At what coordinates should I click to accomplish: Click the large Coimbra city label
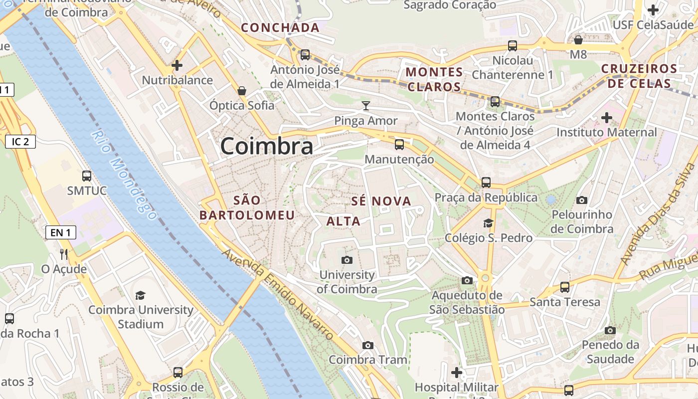[267, 146]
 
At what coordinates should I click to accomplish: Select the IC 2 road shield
[20, 142]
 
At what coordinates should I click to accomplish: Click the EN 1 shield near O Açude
[61, 232]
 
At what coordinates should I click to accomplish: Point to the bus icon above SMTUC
[87, 176]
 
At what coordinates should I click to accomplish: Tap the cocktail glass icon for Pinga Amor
[366, 105]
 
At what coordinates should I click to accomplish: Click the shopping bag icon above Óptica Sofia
[242, 90]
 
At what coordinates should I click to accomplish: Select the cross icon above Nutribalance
[177, 65]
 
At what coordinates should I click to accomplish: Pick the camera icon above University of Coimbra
[347, 260]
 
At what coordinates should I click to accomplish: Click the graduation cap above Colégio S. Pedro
[488, 223]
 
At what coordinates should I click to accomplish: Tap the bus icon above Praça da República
[486, 183]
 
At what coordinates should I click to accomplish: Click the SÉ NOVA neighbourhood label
[381, 201]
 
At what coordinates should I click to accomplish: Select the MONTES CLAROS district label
[434, 79]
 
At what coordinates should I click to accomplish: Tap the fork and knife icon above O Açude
[64, 254]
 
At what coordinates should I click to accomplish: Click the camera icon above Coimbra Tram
[368, 345]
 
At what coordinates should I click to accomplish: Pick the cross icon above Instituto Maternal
[607, 118]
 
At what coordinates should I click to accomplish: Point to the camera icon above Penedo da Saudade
[610, 330]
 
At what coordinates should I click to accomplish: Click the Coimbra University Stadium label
[141, 317]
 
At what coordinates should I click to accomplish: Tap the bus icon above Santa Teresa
[565, 287]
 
